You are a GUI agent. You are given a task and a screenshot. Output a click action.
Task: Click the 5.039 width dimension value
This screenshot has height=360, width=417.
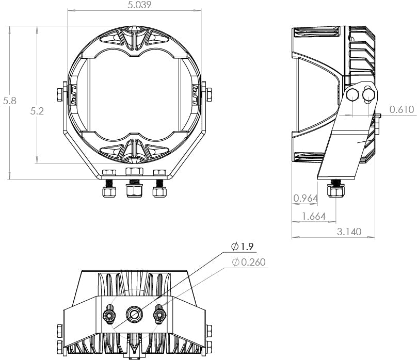[134, 5]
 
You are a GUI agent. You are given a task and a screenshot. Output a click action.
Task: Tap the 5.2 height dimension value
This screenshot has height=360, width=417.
[37, 111]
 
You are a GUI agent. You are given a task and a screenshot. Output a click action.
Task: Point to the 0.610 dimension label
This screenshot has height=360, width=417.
[402, 109]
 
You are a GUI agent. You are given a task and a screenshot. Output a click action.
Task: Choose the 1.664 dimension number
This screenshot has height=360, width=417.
[314, 217]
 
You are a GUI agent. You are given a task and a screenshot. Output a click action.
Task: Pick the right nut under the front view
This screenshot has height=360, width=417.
[159, 192]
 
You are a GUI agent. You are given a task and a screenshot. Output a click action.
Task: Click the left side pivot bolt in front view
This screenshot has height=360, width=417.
[59, 94]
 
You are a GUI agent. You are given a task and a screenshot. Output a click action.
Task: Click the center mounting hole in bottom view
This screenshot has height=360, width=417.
[134, 313]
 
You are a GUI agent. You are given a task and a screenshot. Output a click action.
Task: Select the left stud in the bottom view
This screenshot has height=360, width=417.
[109, 313]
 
